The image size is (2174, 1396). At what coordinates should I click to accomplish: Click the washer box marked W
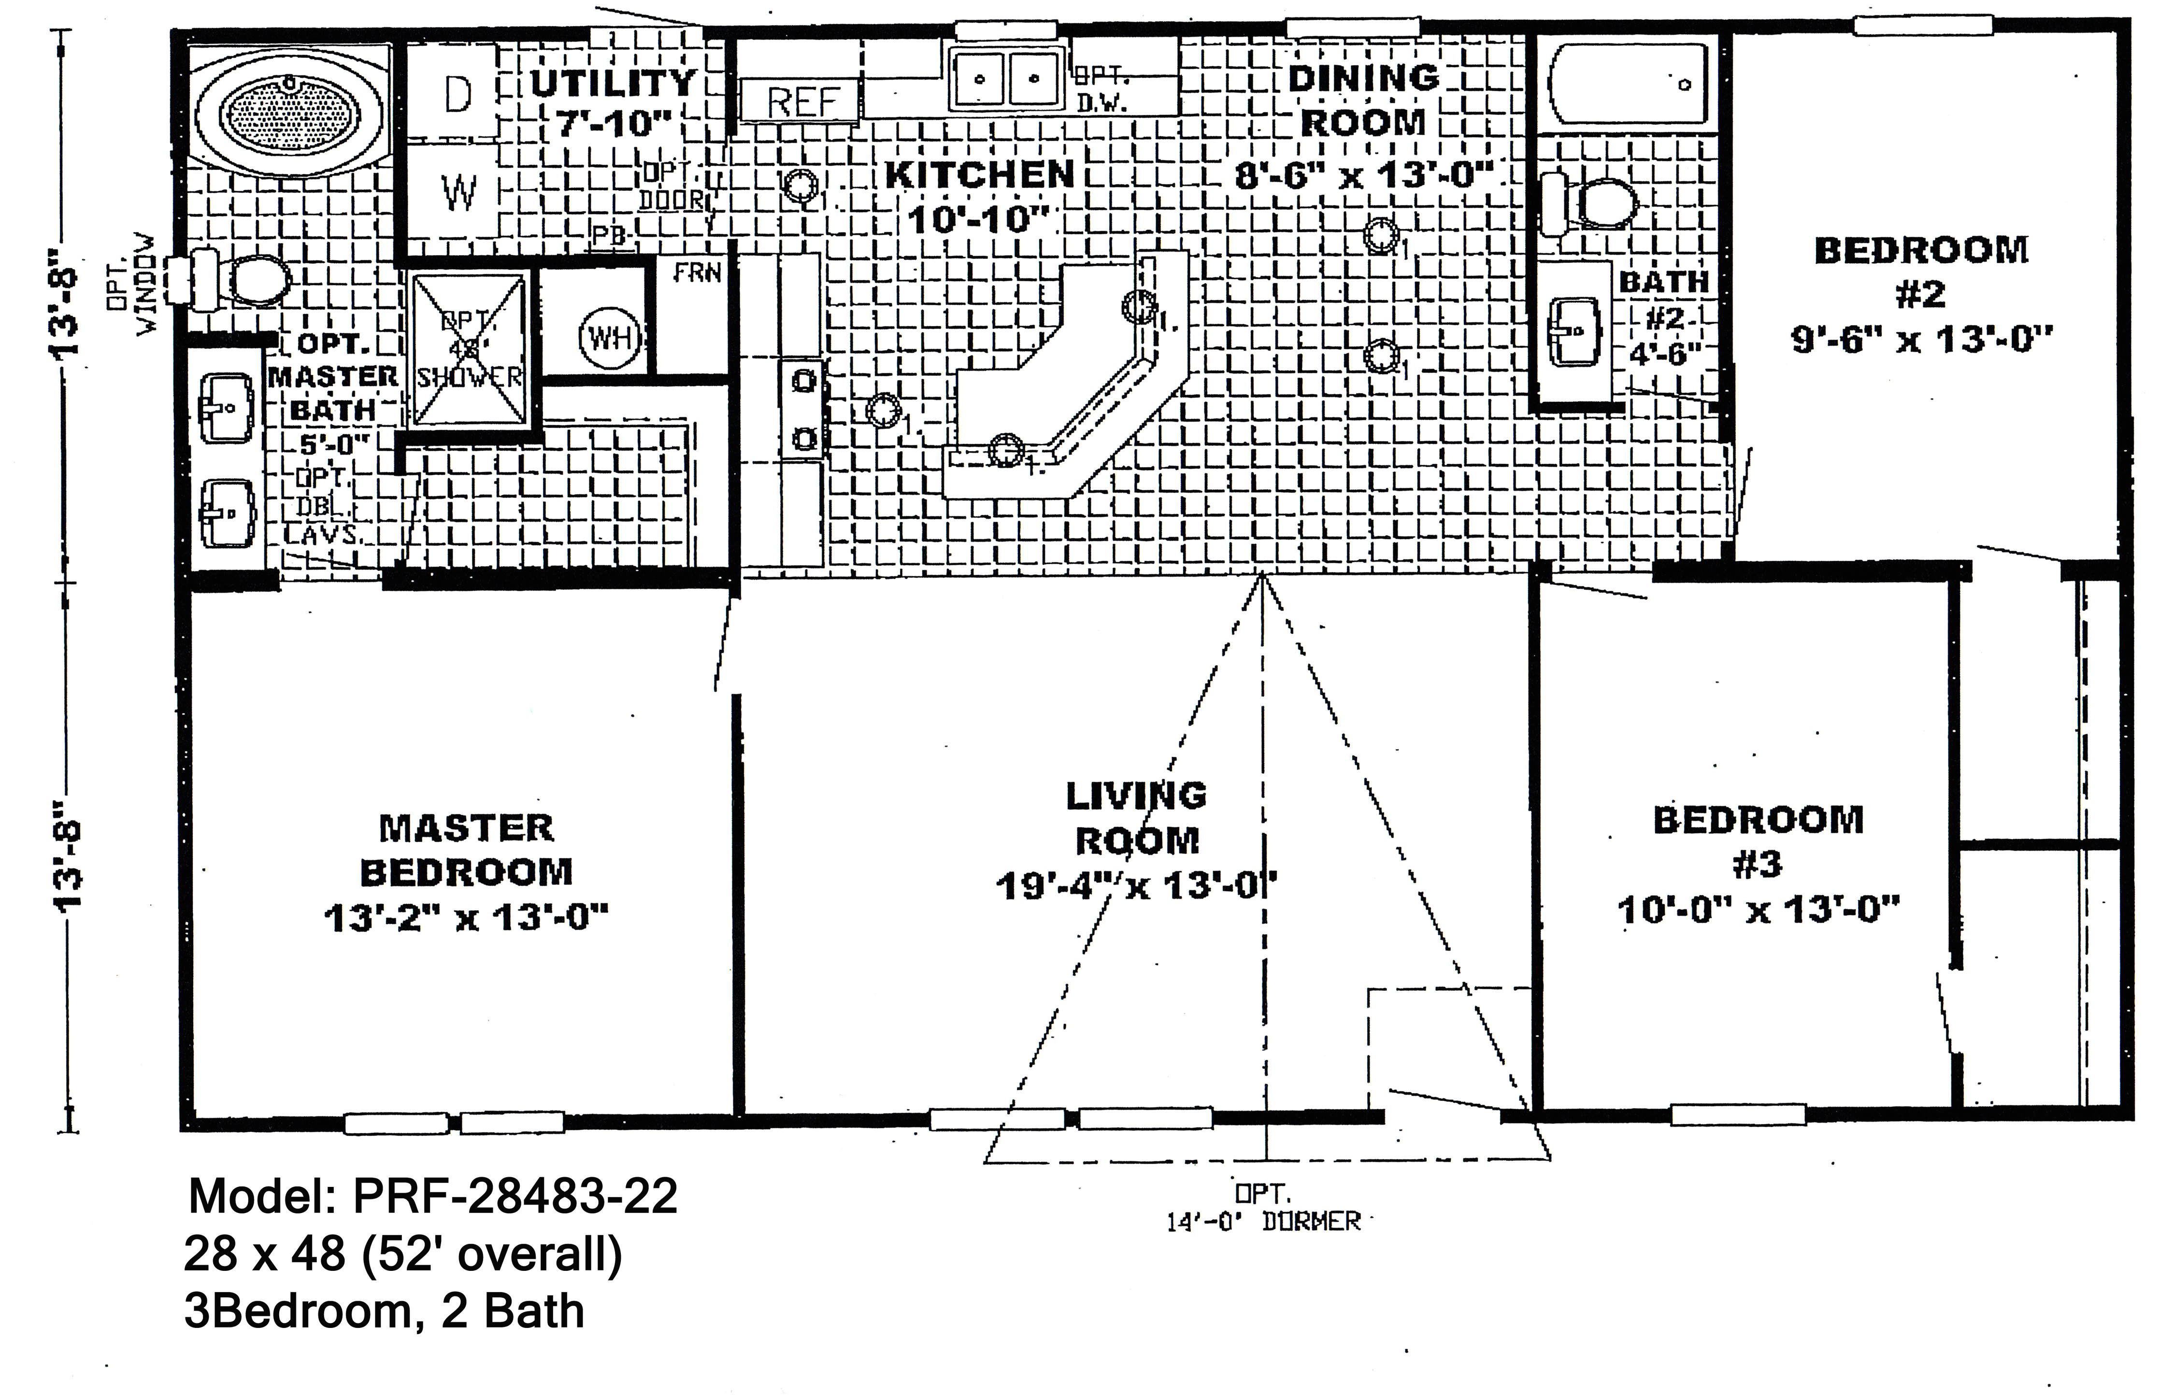tap(458, 191)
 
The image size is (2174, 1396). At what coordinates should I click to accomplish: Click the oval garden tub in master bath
tap(291, 113)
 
